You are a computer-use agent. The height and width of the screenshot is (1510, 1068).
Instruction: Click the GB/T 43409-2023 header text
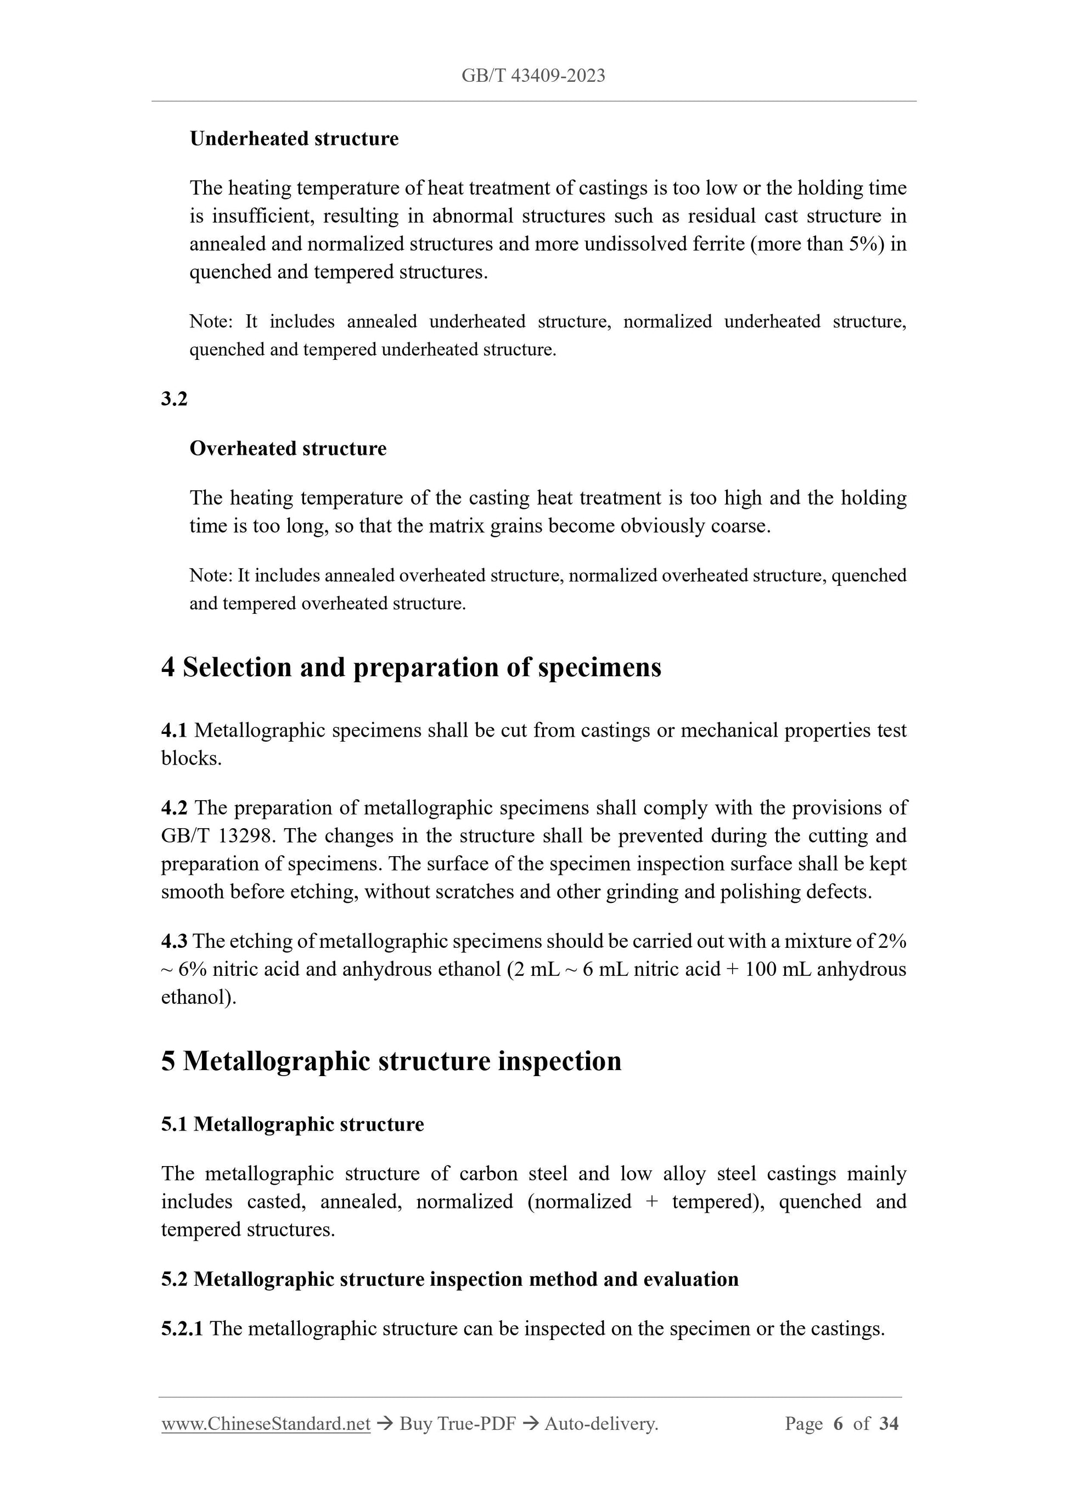(x=533, y=76)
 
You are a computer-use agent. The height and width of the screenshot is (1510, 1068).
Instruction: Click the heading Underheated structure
(x=294, y=139)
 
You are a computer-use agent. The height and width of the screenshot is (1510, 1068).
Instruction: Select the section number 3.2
(x=175, y=399)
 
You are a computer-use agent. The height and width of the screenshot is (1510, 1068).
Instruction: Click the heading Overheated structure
(x=288, y=449)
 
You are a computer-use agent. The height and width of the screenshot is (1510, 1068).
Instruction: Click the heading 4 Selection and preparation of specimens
(x=411, y=668)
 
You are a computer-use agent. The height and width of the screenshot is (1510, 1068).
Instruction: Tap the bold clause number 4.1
(x=175, y=730)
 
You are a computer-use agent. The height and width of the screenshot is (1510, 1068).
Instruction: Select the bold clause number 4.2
(x=175, y=807)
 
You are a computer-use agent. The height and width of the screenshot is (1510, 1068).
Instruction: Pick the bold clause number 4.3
(x=175, y=941)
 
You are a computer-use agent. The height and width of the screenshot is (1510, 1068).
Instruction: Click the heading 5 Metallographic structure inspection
(x=391, y=1061)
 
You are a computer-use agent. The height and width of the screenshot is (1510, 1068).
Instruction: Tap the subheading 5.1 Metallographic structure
(x=292, y=1124)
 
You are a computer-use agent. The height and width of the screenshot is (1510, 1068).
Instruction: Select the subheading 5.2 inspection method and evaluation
(x=449, y=1279)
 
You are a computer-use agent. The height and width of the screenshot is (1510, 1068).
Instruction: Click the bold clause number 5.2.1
(x=182, y=1328)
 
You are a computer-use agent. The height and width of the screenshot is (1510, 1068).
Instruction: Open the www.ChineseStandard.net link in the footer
(x=266, y=1424)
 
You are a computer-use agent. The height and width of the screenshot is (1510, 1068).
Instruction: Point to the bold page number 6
(x=837, y=1424)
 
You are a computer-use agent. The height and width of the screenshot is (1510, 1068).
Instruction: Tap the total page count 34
(x=889, y=1424)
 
